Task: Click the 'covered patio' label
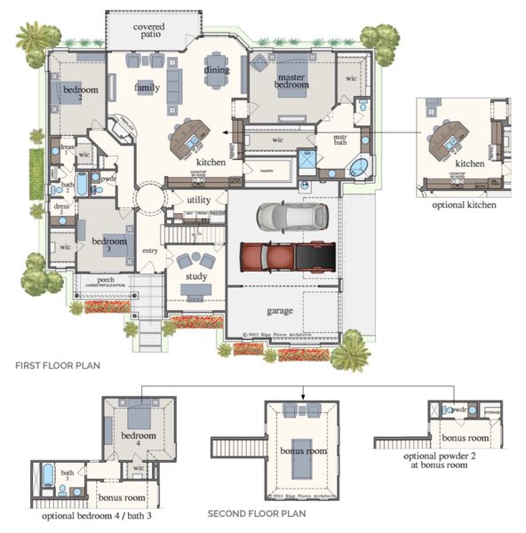[148, 32]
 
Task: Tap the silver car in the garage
[291, 216]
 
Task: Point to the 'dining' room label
[217, 70]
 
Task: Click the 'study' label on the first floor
[196, 276]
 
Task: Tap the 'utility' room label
[199, 200]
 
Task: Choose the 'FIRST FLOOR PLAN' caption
[58, 365]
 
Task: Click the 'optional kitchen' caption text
[465, 204]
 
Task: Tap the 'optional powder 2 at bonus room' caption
[450, 460]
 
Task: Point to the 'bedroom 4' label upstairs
[139, 441]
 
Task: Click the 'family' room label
[147, 88]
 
